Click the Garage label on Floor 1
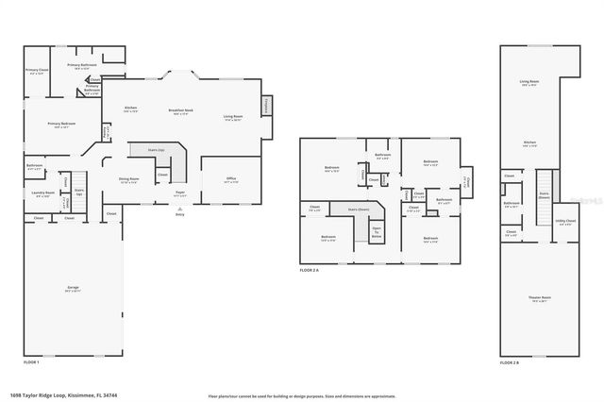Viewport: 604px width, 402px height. [73, 289]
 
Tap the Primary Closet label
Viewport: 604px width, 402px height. [37, 72]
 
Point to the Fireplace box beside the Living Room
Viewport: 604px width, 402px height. [267, 105]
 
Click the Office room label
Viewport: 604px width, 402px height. [231, 179]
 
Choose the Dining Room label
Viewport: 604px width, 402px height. [129, 179]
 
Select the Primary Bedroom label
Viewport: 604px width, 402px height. [62, 125]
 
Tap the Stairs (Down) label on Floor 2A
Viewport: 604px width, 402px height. [359, 209]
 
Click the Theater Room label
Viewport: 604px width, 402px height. [539, 300]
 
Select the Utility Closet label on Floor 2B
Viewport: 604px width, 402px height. [565, 223]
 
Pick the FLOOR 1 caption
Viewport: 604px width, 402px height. [31, 362]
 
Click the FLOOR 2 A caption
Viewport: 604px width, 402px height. [310, 271]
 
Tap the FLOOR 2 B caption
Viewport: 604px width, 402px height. [510, 362]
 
